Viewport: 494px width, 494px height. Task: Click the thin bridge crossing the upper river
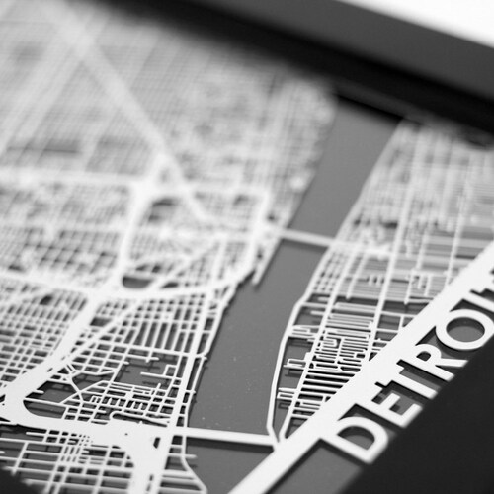pyautogui.click(x=300, y=239)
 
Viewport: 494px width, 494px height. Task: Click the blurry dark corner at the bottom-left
pyautogui.click(x=20, y=479)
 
